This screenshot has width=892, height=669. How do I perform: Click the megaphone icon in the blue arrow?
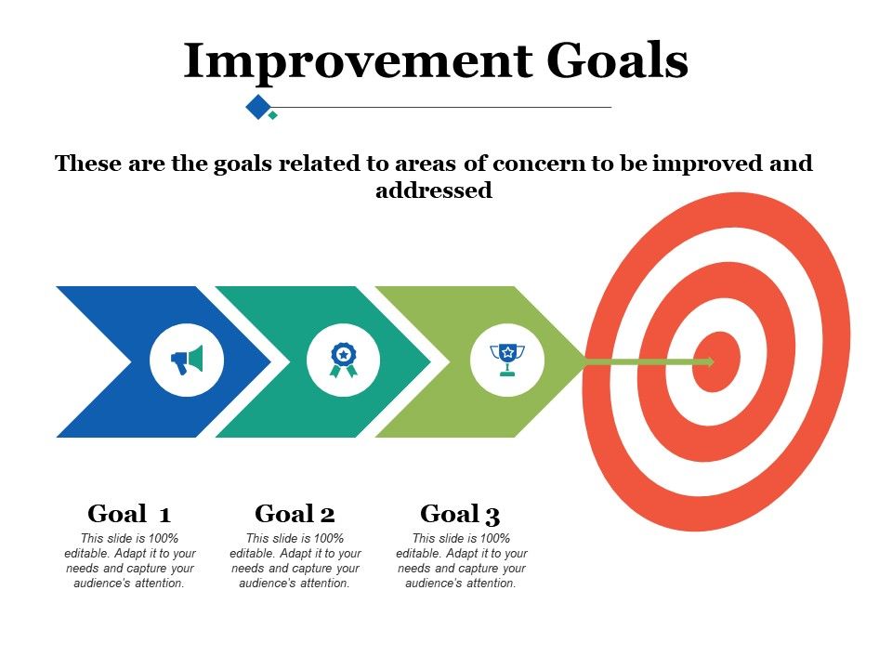(x=187, y=360)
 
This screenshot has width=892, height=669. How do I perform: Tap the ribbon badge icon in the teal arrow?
(x=343, y=361)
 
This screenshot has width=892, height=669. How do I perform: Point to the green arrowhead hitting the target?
(x=708, y=361)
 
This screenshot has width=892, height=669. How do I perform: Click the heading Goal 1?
(x=128, y=514)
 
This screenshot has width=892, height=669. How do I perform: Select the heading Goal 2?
(x=295, y=514)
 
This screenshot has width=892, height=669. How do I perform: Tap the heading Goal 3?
(x=460, y=514)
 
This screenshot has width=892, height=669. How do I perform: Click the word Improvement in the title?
(x=357, y=61)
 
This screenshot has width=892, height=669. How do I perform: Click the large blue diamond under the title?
(x=256, y=107)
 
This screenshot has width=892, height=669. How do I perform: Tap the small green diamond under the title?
(x=273, y=115)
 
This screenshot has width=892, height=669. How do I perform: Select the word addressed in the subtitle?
(x=433, y=191)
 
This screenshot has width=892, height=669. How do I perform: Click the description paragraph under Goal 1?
(x=129, y=561)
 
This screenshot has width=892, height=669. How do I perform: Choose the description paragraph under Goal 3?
(x=461, y=561)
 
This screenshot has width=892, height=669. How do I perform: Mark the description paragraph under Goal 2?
(x=295, y=561)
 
